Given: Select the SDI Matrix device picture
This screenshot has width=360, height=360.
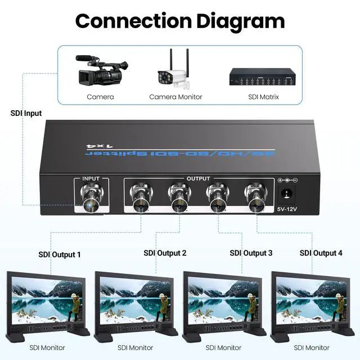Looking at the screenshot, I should [263, 77].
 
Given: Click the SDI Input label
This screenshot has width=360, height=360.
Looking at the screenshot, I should [26, 113].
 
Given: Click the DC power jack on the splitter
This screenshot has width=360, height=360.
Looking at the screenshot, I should [287, 195].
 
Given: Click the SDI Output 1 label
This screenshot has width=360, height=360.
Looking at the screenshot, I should [59, 254].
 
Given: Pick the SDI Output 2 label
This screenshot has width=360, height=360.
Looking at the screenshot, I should [165, 253].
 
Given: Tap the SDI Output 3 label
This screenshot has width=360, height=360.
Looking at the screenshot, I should [251, 253].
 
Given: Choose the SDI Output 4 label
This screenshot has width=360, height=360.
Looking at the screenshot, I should [321, 253].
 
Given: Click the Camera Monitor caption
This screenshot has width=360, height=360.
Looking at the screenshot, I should [175, 97].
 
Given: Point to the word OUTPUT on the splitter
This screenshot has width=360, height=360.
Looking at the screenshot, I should [198, 179].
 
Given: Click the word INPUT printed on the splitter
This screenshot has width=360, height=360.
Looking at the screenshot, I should [91, 179].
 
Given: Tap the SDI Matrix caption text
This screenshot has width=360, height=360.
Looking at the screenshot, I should [263, 97].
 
